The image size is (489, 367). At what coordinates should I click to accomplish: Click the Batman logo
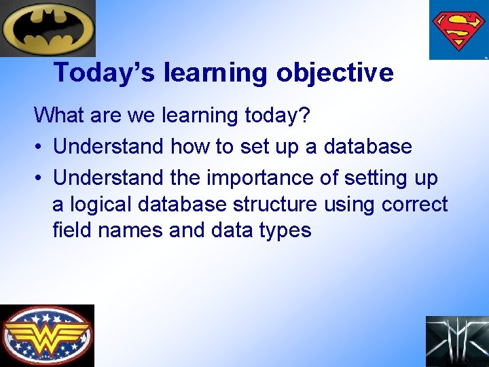pyautogui.click(x=48, y=28)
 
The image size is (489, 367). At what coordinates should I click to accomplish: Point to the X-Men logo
pyautogui.click(x=456, y=341)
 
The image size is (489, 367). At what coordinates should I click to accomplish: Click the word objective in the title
pyautogui.click(x=335, y=73)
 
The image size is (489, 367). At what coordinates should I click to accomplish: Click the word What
pyautogui.click(x=56, y=116)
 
